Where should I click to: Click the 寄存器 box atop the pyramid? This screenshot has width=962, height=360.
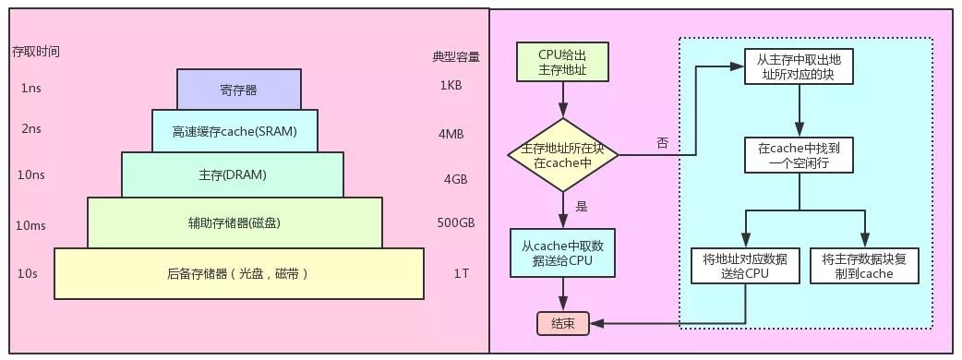coord(238,90)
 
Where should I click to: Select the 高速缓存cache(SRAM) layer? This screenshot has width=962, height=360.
coord(234,131)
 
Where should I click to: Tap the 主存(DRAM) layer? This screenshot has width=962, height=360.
coord(234,174)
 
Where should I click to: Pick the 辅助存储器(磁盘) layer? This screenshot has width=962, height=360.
coord(234,222)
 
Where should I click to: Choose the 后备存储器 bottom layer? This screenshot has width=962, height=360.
coord(238,273)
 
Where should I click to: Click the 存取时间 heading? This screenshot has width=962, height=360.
coord(35,52)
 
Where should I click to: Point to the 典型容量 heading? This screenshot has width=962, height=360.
coord(456,56)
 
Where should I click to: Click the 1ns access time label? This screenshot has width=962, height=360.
coord(31,90)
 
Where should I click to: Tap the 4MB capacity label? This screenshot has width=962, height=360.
coord(451,134)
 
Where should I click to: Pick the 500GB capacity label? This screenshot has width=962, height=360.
coord(455,223)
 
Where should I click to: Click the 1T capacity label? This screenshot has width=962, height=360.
coord(462,273)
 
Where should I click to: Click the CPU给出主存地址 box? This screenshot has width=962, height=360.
coord(562,63)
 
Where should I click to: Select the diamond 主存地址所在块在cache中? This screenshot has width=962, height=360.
coord(562,155)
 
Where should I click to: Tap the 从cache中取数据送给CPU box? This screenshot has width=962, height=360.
coord(562,253)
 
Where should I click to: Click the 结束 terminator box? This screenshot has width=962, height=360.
coord(562,323)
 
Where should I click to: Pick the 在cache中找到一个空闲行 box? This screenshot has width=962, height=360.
coord(799,155)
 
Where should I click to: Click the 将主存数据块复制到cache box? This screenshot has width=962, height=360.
coord(864,266)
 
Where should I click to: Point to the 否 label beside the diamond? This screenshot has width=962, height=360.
coord(662,143)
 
